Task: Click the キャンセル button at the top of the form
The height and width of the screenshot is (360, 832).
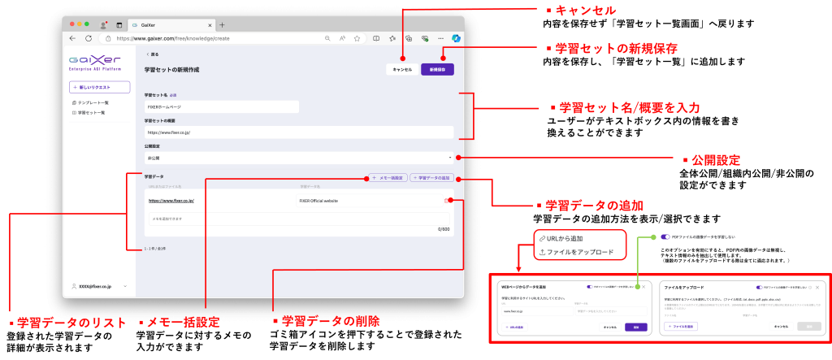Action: coord(402,69)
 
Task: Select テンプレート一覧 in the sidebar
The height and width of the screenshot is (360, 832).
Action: coord(93,103)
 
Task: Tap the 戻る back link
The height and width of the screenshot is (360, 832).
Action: coord(152,54)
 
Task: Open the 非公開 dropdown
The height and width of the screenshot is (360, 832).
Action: coord(298,157)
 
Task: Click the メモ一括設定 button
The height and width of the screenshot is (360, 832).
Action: coord(389,177)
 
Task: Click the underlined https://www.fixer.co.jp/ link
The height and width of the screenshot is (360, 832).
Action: coord(171,200)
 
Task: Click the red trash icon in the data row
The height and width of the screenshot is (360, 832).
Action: coord(446,200)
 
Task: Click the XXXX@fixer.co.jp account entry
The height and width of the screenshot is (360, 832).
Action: coord(91,286)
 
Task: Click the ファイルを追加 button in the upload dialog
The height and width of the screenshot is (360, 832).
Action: coord(681,326)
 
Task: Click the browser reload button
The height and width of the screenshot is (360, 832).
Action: coord(88,38)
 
